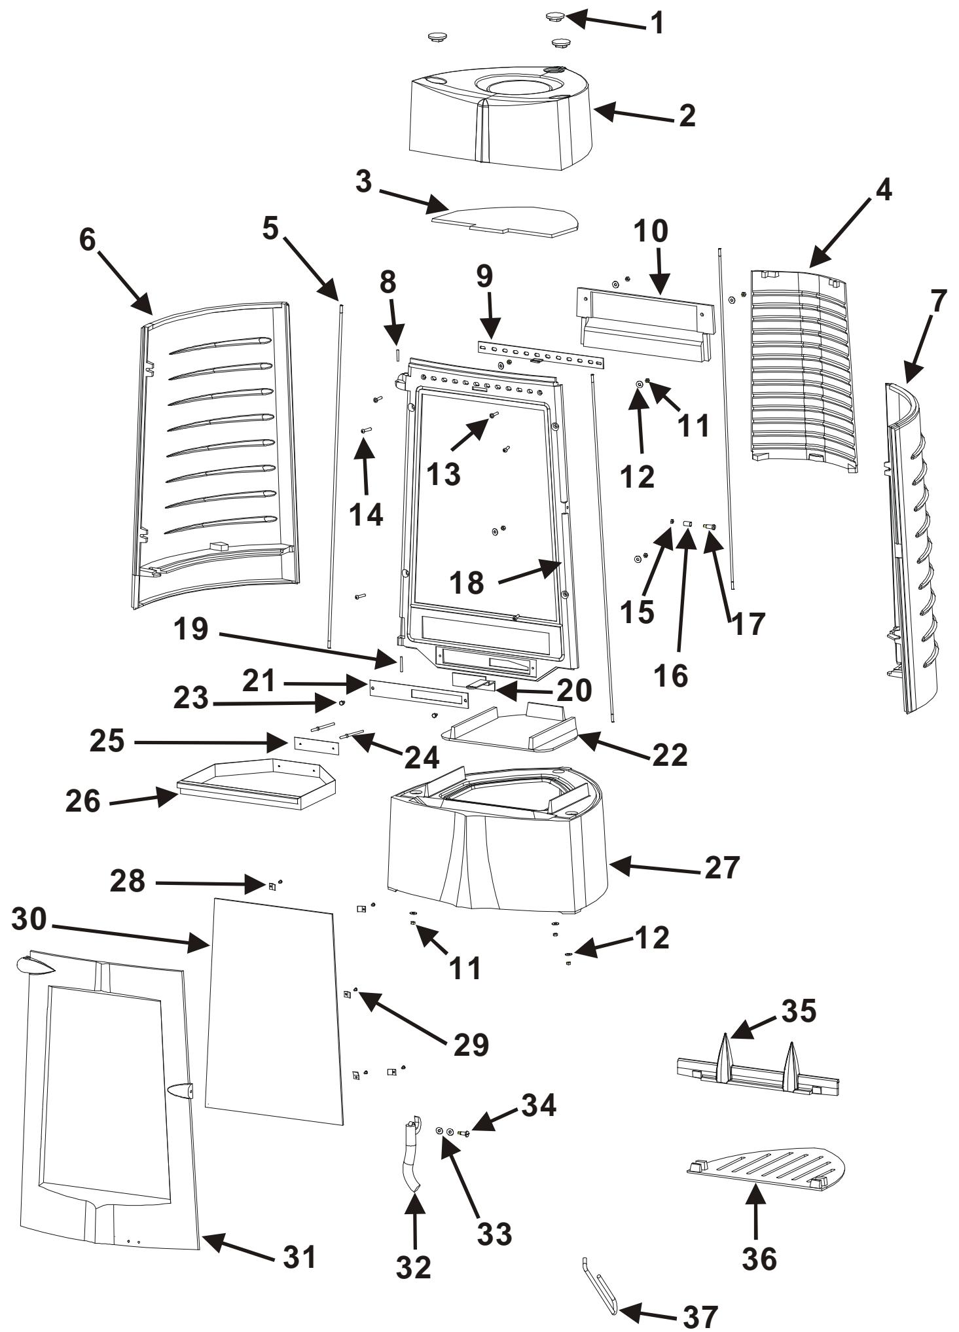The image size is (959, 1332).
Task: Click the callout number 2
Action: pyautogui.click(x=687, y=116)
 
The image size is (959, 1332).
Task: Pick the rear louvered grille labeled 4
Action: pyautogui.click(x=804, y=369)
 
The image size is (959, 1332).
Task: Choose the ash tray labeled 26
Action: pyautogui.click(x=257, y=783)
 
